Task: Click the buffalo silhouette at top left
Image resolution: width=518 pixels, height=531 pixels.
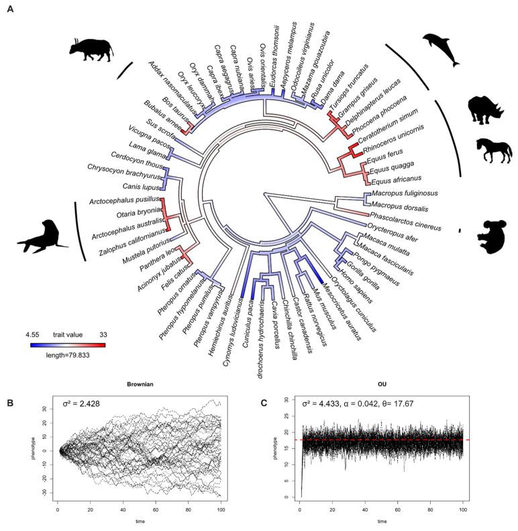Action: (x=91, y=46)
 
